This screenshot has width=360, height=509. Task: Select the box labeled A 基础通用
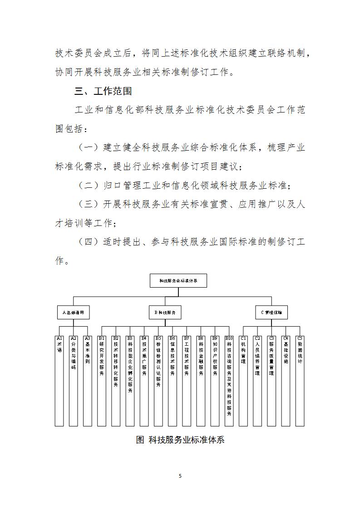point(73,313)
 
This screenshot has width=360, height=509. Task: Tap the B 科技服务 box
point(165,313)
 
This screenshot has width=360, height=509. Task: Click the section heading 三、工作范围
point(103,91)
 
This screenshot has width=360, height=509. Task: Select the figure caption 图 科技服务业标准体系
point(180,440)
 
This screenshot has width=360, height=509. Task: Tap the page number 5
point(180,476)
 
